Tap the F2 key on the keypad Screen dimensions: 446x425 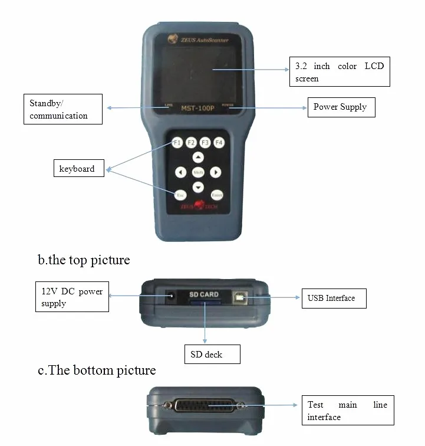tap(191, 143)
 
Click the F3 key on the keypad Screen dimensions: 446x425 tap(205, 143)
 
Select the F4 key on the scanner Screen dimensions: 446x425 tap(219, 143)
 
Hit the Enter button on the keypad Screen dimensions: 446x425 tap(217, 195)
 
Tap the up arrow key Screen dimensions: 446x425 tap(199, 158)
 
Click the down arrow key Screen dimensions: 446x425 tap(199, 187)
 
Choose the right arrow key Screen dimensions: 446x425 tap(216, 172)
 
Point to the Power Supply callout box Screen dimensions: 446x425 tap(341, 107)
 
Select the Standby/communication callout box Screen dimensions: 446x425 tap(62, 109)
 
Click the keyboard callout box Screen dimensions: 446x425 tap(80, 169)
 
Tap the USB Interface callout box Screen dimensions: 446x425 tap(332, 298)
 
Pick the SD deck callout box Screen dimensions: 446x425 tap(212, 355)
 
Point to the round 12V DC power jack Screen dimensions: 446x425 tap(171, 296)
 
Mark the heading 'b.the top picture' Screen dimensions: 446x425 tap(84, 260)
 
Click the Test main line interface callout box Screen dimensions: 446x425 tap(348, 411)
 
